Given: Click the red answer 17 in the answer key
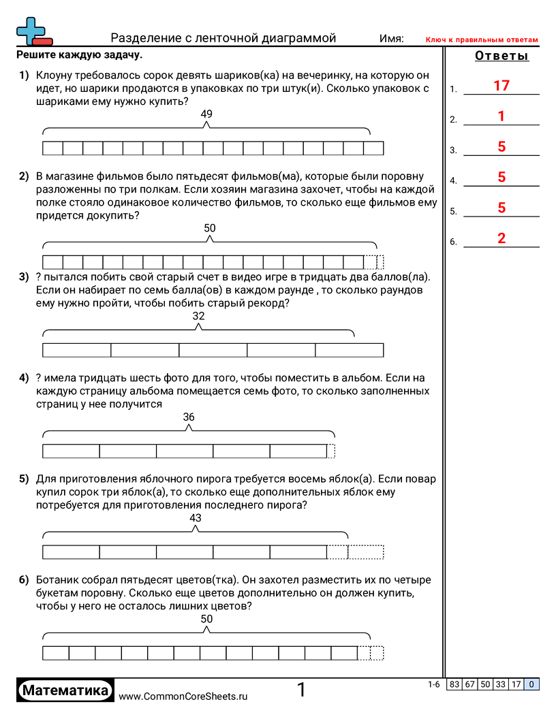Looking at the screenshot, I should coord(501,86).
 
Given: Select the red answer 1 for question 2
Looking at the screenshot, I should coord(501,116).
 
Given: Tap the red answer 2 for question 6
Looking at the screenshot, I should coord(501,238).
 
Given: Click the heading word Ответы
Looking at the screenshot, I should coord(501,57).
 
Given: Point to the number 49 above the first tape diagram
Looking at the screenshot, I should coord(206,114).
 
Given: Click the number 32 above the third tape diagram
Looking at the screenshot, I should coord(198,316).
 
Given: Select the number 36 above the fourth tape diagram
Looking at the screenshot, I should coord(189,417).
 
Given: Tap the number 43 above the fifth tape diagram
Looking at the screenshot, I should coord(196,518).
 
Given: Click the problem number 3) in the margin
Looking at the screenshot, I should coord(24,276).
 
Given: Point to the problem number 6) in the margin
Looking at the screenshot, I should coord(24,580).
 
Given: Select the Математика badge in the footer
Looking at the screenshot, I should coord(65,690).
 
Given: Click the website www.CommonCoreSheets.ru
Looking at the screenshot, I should coord(183,697).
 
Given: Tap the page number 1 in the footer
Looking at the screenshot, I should coord(301,690).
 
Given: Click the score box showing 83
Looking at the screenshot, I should coord(453,685).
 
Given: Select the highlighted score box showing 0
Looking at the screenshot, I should coord(531,685).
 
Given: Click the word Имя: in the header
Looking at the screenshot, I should coord(392,39).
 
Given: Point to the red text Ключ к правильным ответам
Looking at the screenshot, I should coord(482,40).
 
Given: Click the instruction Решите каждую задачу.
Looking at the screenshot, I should coord(79,55).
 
